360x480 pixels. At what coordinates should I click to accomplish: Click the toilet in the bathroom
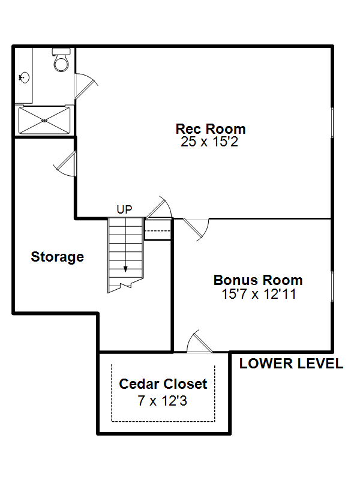click(x=61, y=60)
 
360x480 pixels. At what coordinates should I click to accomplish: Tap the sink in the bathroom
click(x=24, y=77)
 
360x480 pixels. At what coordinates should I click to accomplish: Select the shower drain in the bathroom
click(x=44, y=121)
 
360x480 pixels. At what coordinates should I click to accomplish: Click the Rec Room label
click(x=211, y=129)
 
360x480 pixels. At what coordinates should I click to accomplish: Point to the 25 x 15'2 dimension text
click(x=209, y=142)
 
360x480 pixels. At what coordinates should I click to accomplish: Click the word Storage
click(x=57, y=257)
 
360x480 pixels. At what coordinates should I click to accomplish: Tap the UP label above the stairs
click(x=124, y=209)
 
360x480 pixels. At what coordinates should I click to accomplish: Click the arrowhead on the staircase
click(x=125, y=269)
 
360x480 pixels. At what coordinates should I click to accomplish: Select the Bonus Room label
click(x=258, y=280)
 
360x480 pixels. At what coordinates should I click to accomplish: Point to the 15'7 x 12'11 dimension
click(x=259, y=294)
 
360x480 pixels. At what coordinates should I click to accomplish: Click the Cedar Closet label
click(x=163, y=384)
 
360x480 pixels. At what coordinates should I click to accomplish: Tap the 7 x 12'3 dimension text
click(x=162, y=401)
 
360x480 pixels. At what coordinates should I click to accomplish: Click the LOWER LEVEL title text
click(x=291, y=364)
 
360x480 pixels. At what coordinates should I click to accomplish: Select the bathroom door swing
click(x=86, y=86)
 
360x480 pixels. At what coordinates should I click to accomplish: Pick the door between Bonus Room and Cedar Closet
click(x=199, y=341)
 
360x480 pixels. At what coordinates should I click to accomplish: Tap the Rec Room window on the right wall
click(x=332, y=122)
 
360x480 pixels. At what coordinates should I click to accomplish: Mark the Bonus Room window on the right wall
click(x=332, y=286)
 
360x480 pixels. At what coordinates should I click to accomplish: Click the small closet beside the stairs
click(x=157, y=229)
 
